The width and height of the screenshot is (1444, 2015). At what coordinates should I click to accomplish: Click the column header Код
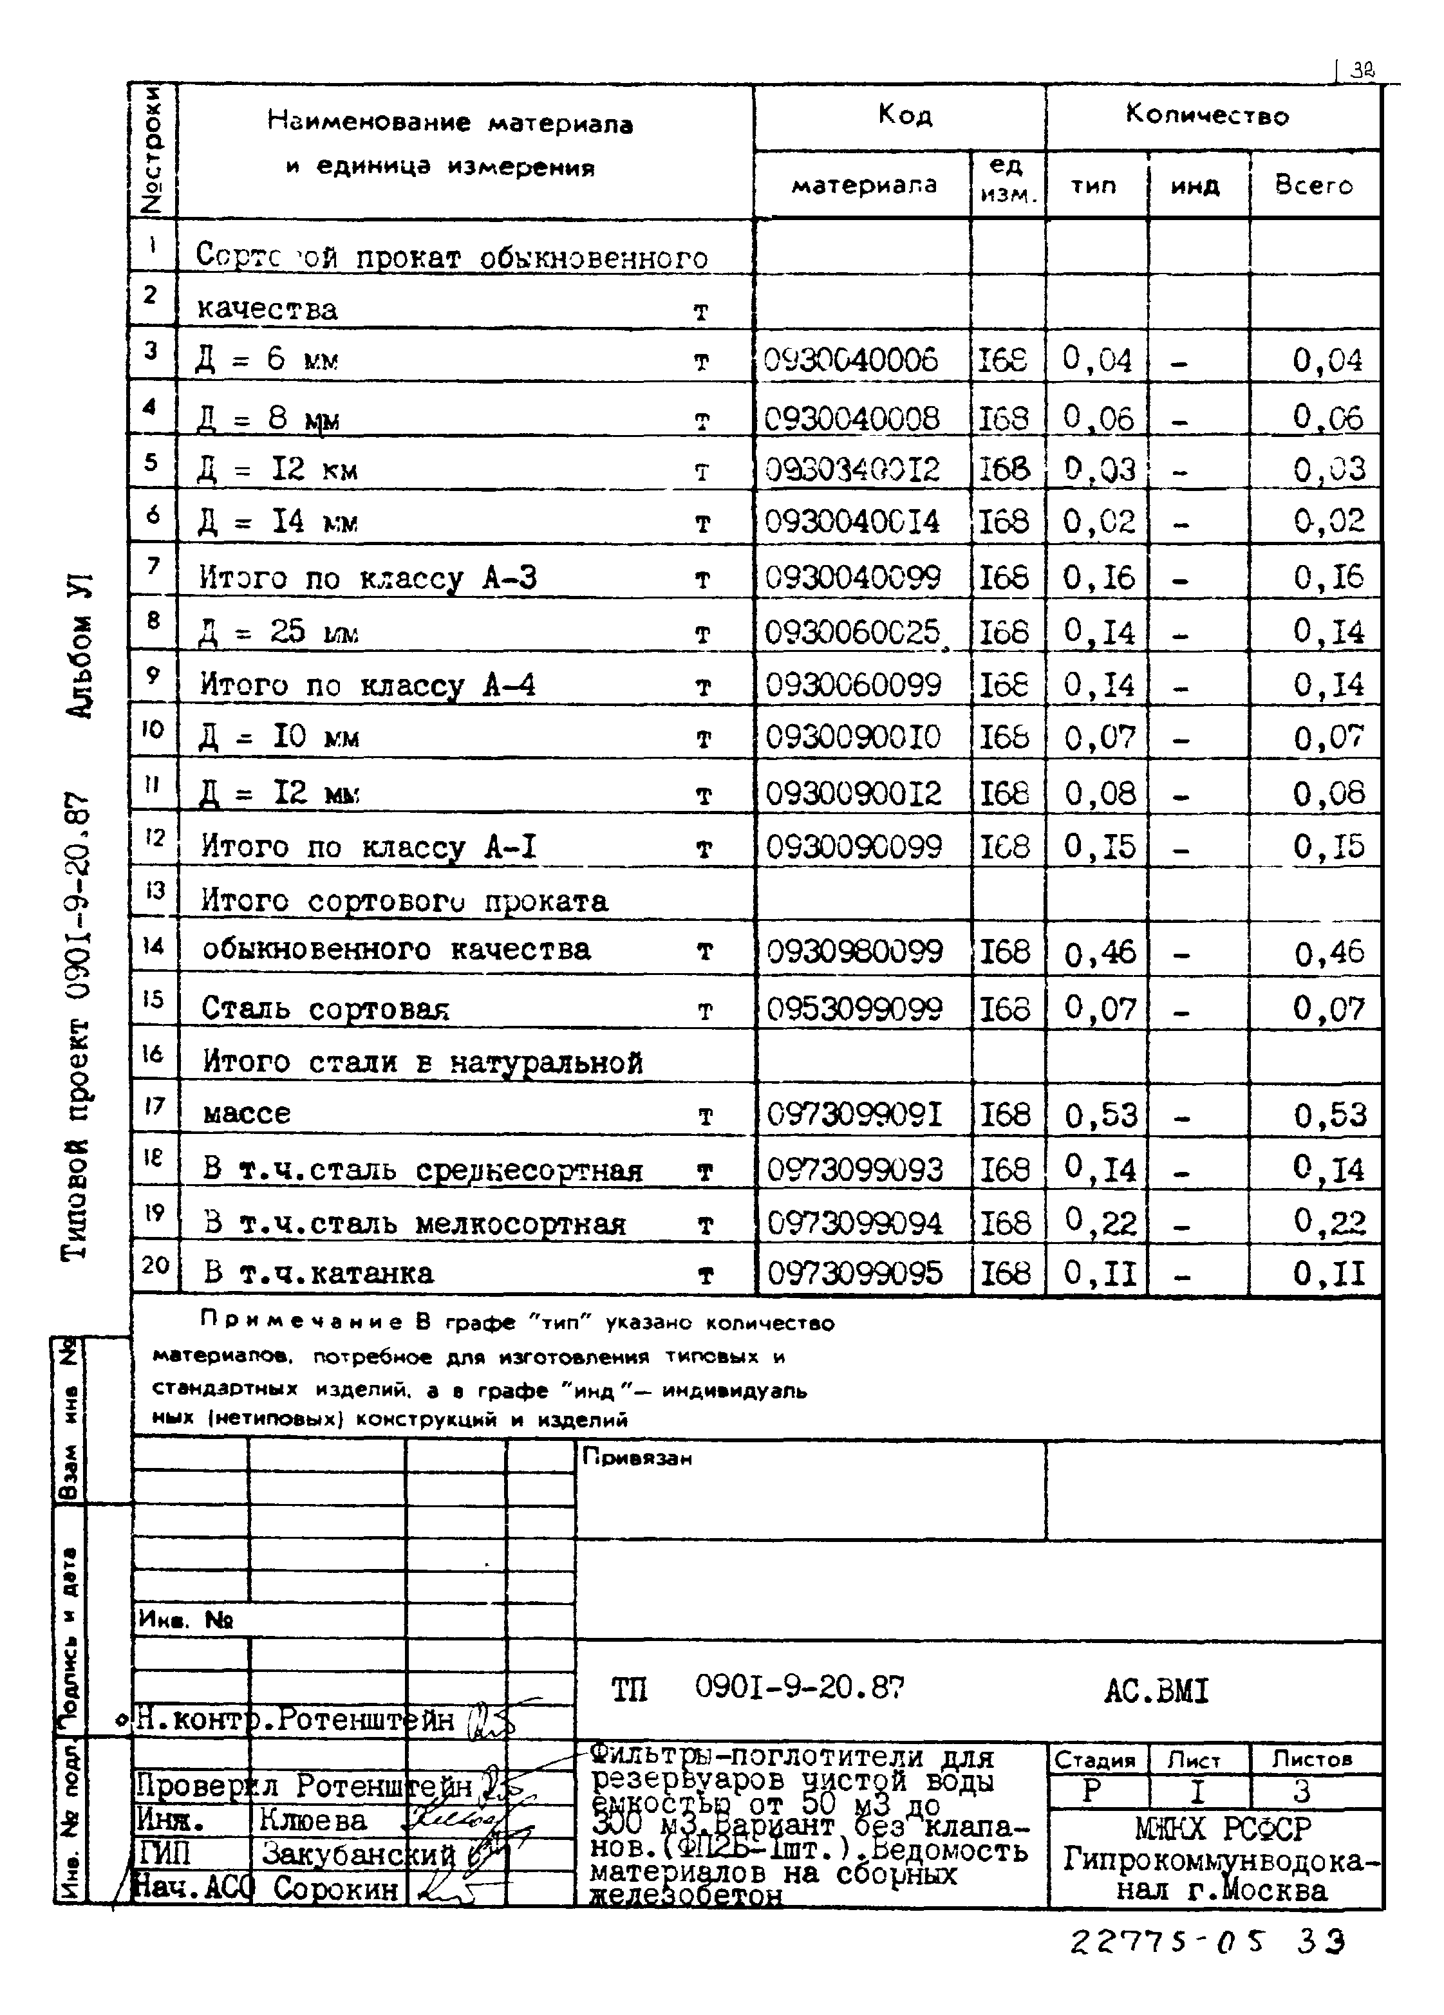coord(904,114)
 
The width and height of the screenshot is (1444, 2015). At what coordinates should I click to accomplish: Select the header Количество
coord(1206,115)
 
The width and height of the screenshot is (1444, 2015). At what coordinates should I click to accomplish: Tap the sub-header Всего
coord(1313,185)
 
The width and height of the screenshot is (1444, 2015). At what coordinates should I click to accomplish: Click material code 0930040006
coord(850,360)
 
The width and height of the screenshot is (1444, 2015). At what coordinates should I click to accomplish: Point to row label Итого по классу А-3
coord(368,579)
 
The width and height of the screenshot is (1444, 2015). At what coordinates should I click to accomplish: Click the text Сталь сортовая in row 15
coord(325,1008)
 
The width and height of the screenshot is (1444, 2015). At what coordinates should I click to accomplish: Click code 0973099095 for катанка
coord(854,1273)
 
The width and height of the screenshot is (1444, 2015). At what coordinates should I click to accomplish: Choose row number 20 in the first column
coord(155,1264)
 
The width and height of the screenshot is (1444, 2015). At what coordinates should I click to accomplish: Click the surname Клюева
coord(313,1821)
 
